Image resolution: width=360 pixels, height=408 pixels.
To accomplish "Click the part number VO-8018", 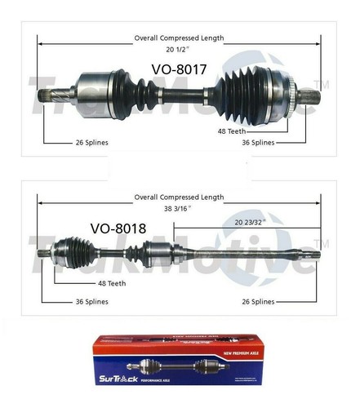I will click(x=118, y=229).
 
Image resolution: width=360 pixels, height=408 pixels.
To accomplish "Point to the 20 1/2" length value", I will click(x=179, y=48).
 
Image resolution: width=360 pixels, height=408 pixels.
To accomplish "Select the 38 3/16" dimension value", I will click(x=179, y=208).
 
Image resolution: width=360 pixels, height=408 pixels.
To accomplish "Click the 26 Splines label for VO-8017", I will click(x=86, y=142).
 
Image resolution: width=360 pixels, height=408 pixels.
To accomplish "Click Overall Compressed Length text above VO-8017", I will click(x=179, y=38).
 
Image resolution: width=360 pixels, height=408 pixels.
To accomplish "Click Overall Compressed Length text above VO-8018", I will click(x=179, y=197).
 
